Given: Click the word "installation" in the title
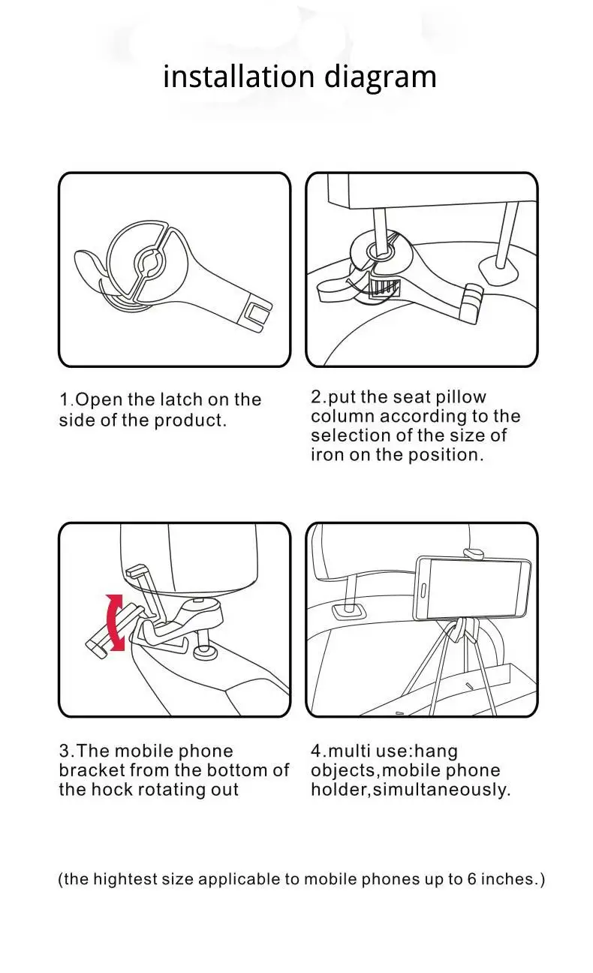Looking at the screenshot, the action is tap(239, 77).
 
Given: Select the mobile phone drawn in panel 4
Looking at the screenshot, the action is tap(473, 588).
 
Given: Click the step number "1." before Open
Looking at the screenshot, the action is tap(67, 399).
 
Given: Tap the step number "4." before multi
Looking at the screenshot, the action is tap(318, 751).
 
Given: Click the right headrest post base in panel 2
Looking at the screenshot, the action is tap(498, 270).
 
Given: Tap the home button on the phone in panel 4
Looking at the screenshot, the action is tap(423, 591).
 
